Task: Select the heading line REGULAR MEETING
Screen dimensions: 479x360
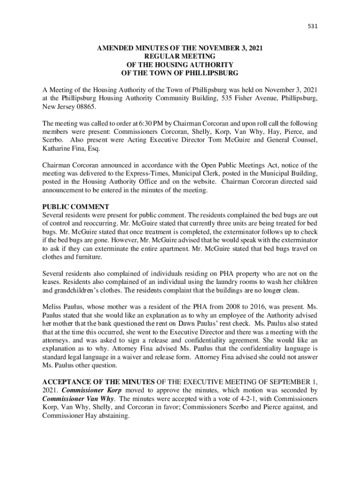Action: [180, 56]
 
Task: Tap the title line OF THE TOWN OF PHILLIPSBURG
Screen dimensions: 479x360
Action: [180, 73]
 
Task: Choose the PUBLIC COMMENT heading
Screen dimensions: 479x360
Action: [76, 206]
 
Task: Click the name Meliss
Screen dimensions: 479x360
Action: [52, 307]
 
